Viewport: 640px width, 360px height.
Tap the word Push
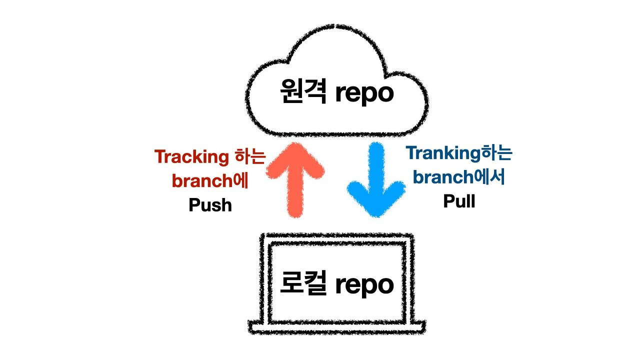click(x=210, y=205)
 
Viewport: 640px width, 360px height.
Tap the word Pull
click(x=459, y=201)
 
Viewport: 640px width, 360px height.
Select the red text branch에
click(x=210, y=180)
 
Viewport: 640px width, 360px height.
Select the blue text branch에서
click(x=459, y=177)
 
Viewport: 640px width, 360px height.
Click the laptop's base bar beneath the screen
click(x=337, y=328)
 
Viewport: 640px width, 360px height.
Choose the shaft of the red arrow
click(x=295, y=195)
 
